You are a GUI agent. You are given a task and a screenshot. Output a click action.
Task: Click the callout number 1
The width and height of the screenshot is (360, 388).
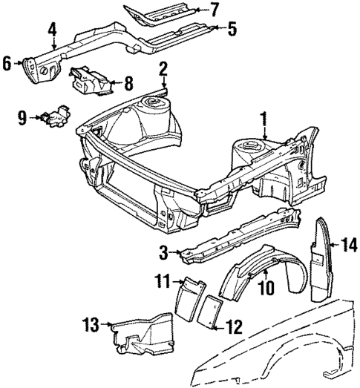tap(263, 118)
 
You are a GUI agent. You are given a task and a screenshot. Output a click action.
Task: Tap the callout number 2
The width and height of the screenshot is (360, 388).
tap(163, 70)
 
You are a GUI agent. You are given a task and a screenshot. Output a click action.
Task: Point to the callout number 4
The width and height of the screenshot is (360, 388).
tap(53, 30)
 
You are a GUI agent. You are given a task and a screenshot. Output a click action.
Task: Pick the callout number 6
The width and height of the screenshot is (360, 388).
tap(7, 64)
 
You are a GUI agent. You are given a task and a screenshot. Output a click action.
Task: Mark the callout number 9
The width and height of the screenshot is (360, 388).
tap(23, 116)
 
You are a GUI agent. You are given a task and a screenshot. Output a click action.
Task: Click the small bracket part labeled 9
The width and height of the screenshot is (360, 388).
tap(55, 116)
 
